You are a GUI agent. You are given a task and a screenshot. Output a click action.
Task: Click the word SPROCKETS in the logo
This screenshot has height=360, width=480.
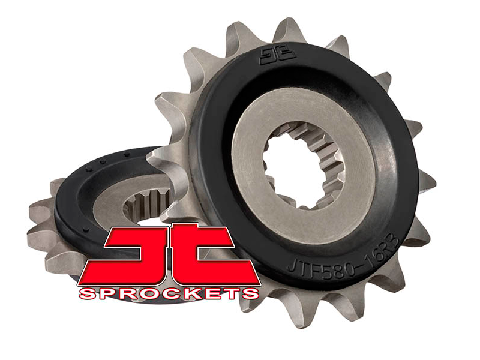point(169,293)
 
